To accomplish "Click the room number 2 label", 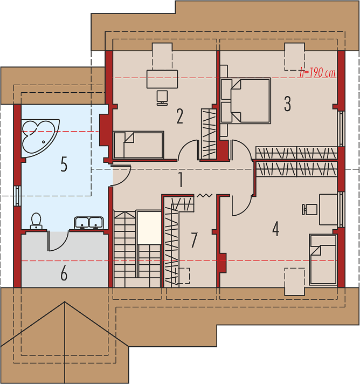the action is pos(179,116).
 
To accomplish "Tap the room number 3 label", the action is pos(287,104).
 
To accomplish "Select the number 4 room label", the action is pos(275,229).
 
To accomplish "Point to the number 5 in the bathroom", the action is pos(64,164).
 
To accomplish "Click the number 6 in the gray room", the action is pos(64,273).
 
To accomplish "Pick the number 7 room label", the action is pos(194,240).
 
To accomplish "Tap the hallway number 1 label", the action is pos(181,180).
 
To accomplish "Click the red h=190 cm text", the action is pos(317,73).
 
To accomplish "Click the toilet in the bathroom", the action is pos(36,221).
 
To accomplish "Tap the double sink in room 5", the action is pos(89,223).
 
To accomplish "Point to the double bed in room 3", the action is pos(246,100).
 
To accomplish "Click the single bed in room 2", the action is pos(139,145).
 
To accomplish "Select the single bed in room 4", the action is pos(323,259).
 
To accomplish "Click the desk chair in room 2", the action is pos(162,98).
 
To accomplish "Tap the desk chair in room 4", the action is pos(309,209).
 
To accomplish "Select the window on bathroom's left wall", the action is pos(17,196).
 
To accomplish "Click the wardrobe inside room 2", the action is pos(209,134).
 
